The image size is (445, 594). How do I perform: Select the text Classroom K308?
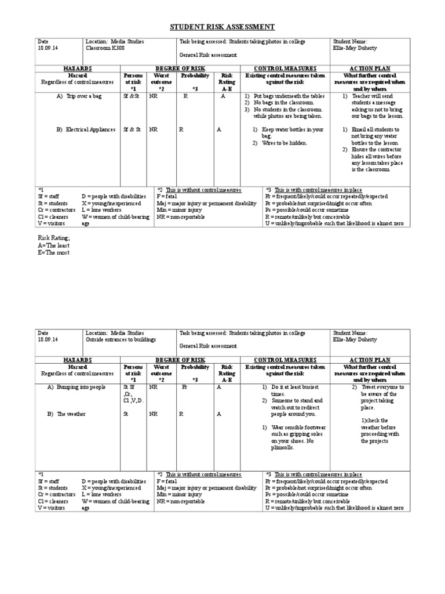point(105,48)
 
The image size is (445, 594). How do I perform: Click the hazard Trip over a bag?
point(83,96)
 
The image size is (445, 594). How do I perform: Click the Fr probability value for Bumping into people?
point(185,386)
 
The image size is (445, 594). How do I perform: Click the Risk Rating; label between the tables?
point(54,238)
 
